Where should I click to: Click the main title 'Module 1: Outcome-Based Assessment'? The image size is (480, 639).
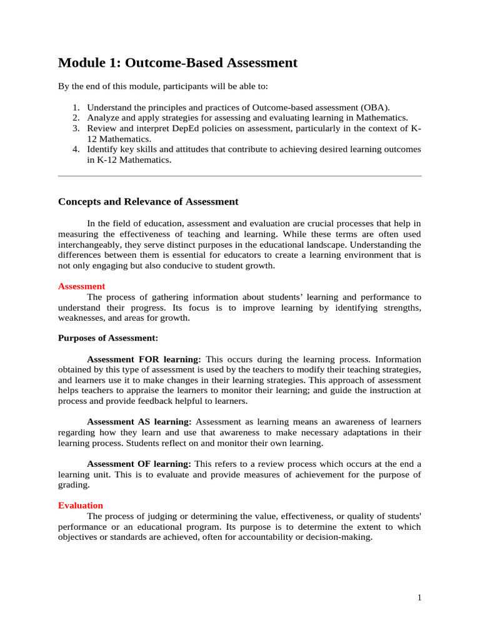tap(177, 63)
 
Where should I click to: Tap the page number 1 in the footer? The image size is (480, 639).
tap(420, 598)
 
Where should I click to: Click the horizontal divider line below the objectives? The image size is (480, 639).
tap(239, 177)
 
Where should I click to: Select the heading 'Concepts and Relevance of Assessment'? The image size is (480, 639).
tap(148, 202)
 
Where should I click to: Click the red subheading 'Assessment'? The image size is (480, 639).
tap(81, 286)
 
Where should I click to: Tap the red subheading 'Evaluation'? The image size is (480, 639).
tap(81, 505)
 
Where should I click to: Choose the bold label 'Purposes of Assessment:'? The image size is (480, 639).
tap(108, 338)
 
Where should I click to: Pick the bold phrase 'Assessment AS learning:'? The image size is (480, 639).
tap(139, 422)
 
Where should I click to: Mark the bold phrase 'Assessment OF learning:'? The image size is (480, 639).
tap(139, 464)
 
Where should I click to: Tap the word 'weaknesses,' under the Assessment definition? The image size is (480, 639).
tap(82, 318)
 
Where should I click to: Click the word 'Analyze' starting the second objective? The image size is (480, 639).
tap(102, 118)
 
